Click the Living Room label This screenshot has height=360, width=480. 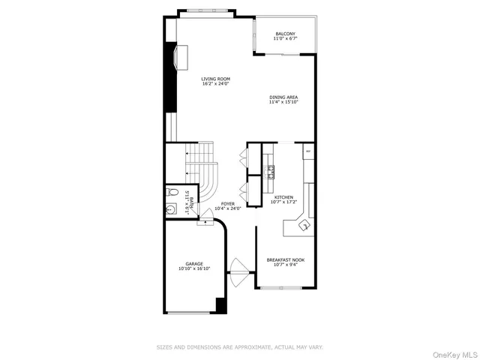coord(215,81)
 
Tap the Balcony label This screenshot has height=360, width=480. coord(285,36)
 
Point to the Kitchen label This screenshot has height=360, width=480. coord(283,199)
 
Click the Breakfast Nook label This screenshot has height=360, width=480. coord(285,262)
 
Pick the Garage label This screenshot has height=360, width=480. coord(194,265)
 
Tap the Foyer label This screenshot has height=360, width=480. coord(228,205)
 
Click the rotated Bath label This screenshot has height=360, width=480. coord(190,203)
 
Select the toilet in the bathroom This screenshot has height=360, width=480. coord(171,192)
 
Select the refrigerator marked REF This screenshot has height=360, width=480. coord(307,151)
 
